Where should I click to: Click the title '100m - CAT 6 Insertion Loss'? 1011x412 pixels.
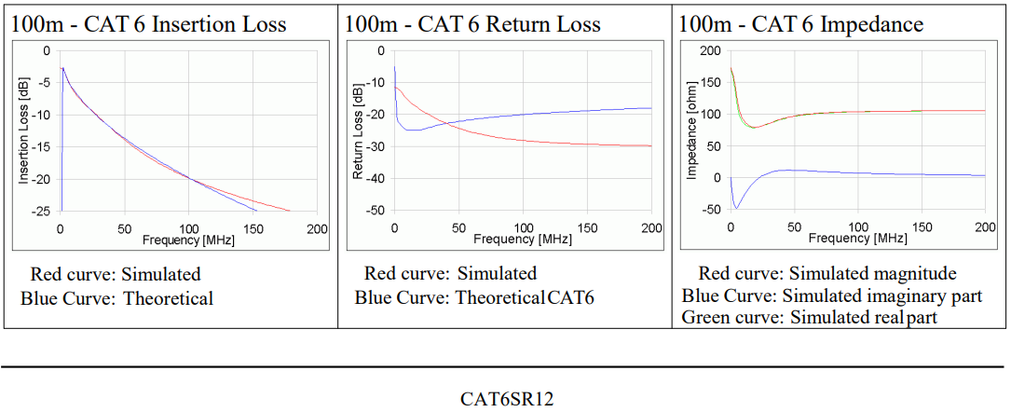[x=149, y=24]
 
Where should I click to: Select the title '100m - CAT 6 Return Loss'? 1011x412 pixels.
[x=472, y=24]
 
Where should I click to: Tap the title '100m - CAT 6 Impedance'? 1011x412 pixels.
[x=801, y=24]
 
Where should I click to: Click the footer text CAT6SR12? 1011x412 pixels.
[x=507, y=399]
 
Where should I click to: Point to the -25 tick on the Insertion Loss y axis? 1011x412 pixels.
[x=45, y=212]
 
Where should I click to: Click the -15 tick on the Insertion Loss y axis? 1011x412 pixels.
[x=45, y=147]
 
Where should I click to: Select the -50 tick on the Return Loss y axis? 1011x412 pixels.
[x=378, y=212]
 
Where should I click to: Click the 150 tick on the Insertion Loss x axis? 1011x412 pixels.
[x=253, y=228]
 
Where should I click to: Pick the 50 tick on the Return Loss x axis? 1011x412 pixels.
[x=458, y=228]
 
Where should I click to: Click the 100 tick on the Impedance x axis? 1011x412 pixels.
[x=857, y=228]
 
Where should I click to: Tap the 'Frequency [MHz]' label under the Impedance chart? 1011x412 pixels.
[x=857, y=239]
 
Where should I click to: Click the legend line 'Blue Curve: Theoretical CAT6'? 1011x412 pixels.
[x=474, y=298]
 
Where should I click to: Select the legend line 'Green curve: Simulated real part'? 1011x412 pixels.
[x=809, y=318]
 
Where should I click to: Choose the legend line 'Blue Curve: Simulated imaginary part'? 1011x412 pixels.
[x=831, y=296]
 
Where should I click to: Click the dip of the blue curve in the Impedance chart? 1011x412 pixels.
[x=736, y=207]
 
